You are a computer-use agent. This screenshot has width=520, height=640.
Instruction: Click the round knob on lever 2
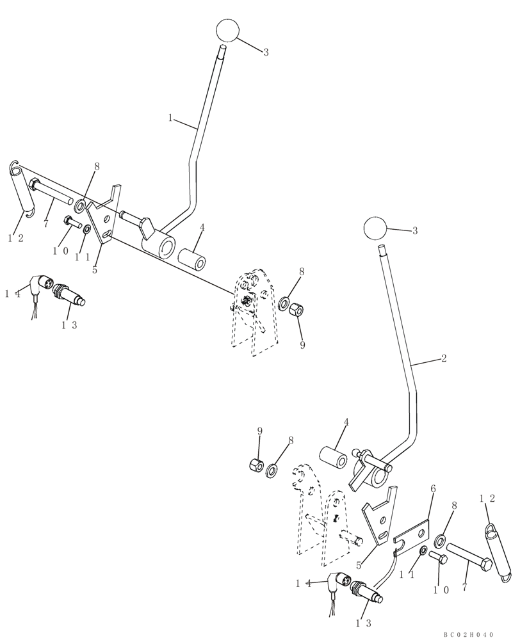tap(375, 228)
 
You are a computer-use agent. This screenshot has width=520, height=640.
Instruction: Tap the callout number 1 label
tap(170, 118)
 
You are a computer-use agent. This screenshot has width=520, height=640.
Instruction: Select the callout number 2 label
tap(443, 359)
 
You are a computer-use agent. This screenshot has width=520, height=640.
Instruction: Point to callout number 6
tap(433, 489)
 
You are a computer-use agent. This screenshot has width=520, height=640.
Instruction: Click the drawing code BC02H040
tap(469, 634)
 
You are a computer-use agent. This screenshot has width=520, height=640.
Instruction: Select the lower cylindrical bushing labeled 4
tap(334, 459)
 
